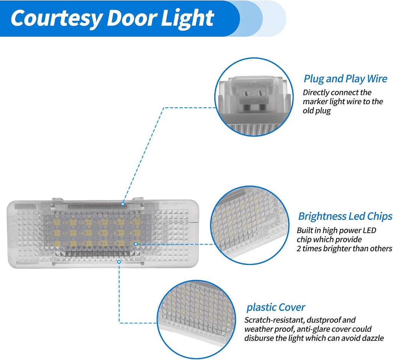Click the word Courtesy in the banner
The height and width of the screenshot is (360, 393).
coord(57,19)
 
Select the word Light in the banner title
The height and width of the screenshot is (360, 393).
coord(187,19)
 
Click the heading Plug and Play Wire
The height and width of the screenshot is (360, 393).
coord(345,79)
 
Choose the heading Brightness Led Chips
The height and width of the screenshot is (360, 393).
coord(345,216)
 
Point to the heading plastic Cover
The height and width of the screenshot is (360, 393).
coord(276,307)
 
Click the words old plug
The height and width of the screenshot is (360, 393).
coord(317,111)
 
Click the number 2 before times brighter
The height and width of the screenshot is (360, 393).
coord(299,248)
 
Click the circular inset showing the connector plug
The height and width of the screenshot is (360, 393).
coord(254,97)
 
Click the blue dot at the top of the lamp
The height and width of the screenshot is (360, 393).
coord(123,204)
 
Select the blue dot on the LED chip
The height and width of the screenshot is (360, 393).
coord(136,243)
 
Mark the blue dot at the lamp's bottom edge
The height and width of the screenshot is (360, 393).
coord(119,262)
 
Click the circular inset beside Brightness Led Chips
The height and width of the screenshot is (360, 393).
coord(250,225)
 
